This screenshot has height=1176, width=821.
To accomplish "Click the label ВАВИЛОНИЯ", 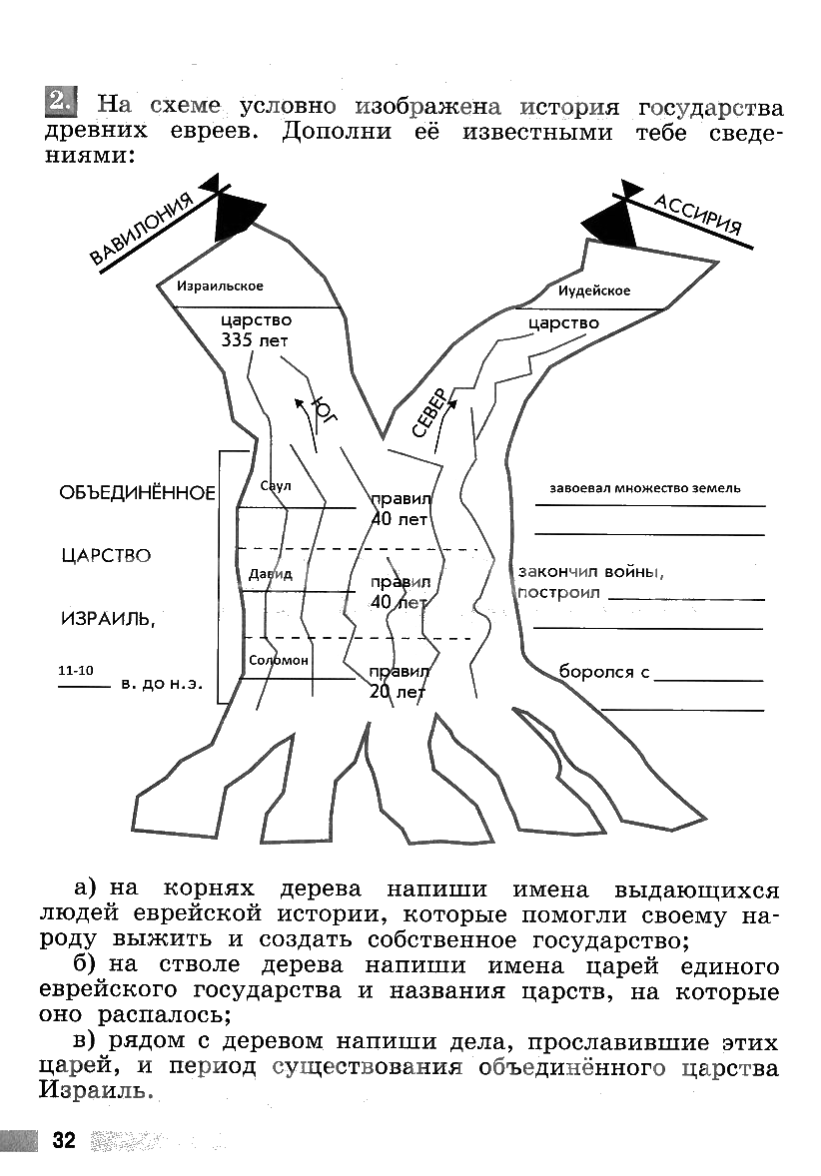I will pyautogui.click(x=142, y=233).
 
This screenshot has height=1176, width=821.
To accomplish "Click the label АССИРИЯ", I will pyautogui.click(x=699, y=214).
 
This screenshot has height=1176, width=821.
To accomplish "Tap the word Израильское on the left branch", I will pyautogui.click(x=220, y=287).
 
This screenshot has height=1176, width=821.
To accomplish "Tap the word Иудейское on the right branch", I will pyautogui.click(x=594, y=291).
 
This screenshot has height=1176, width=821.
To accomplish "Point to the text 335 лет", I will pyautogui.click(x=256, y=339).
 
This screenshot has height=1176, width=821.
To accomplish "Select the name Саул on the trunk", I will pyautogui.click(x=274, y=485).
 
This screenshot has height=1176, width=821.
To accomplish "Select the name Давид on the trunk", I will pyautogui.click(x=270, y=574).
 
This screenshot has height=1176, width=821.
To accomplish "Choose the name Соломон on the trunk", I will pyautogui.click(x=279, y=661).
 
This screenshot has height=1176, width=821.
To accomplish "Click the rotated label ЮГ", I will pyautogui.click(x=325, y=410).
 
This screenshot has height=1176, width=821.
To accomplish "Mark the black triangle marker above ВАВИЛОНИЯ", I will pyautogui.click(x=236, y=213).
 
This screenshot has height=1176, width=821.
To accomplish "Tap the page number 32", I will pyautogui.click(x=64, y=1141).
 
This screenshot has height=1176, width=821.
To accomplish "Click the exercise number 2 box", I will pyautogui.click(x=60, y=101).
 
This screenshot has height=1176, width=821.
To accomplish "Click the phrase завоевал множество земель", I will pyautogui.click(x=645, y=489).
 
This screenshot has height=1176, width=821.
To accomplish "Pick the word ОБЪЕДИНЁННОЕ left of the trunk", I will pyautogui.click(x=137, y=493).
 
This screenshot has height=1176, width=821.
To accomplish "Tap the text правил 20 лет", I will pyautogui.click(x=398, y=681).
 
